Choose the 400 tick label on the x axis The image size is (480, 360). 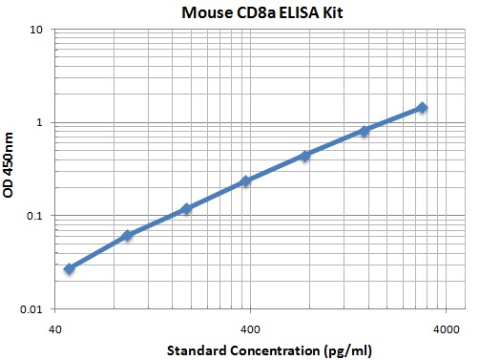250,328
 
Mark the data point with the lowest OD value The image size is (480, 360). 69,269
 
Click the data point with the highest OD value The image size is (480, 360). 422,108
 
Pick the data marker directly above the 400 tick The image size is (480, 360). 245,181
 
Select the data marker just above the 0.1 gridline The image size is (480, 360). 187,209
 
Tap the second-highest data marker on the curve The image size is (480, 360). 364,131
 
